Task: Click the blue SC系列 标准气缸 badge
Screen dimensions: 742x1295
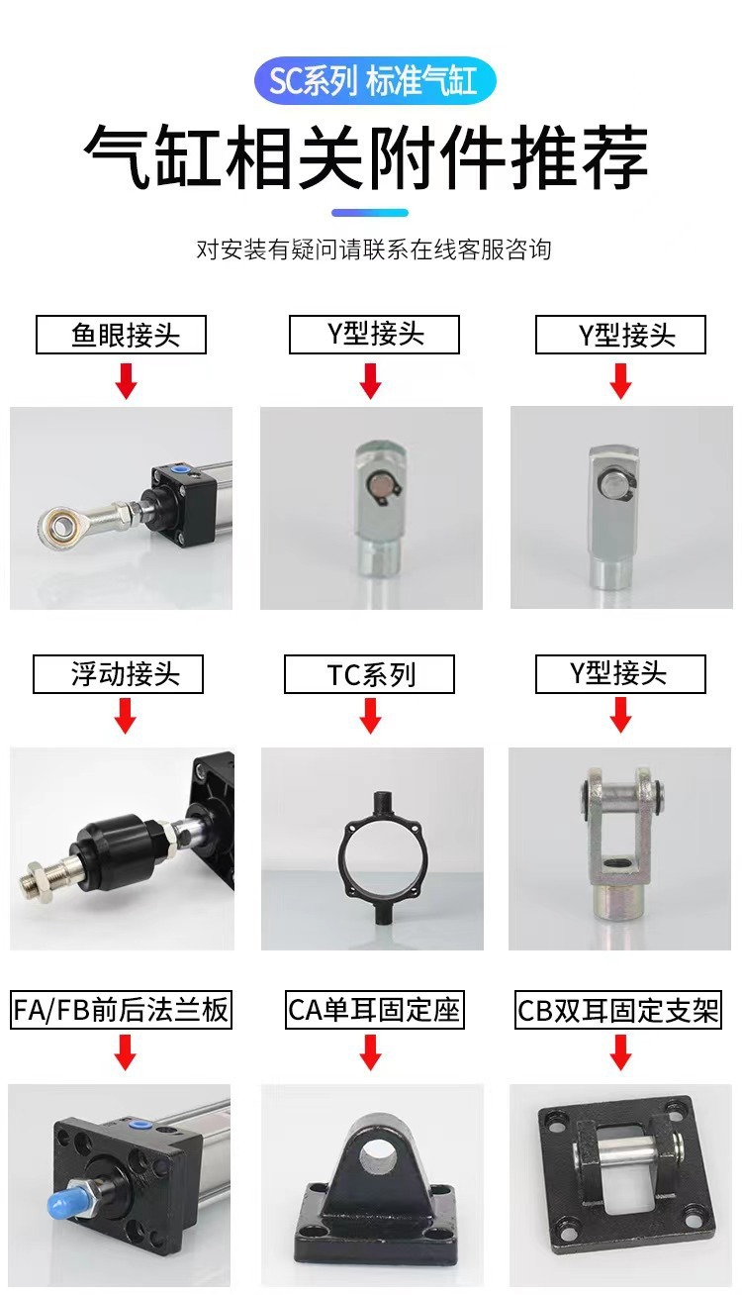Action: tap(375, 80)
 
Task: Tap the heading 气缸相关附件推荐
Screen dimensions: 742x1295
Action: tap(366, 156)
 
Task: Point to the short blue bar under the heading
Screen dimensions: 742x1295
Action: tap(370, 213)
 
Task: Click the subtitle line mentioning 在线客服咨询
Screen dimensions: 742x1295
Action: tap(374, 249)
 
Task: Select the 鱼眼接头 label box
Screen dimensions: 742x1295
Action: tap(121, 335)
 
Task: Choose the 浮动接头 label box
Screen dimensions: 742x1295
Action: tap(118, 674)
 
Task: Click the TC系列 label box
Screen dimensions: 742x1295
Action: tap(369, 674)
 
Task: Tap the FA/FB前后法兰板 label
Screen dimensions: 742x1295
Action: tap(121, 1010)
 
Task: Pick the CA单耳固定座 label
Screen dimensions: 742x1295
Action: tap(375, 1010)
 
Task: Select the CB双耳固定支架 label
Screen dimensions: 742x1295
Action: tap(618, 1010)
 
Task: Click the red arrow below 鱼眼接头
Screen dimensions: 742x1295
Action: tap(126, 381)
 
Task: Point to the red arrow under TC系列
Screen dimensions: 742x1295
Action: tap(370, 716)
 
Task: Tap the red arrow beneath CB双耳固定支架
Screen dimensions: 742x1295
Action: tap(620, 1052)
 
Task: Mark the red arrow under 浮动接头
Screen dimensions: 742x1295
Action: tap(125, 716)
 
